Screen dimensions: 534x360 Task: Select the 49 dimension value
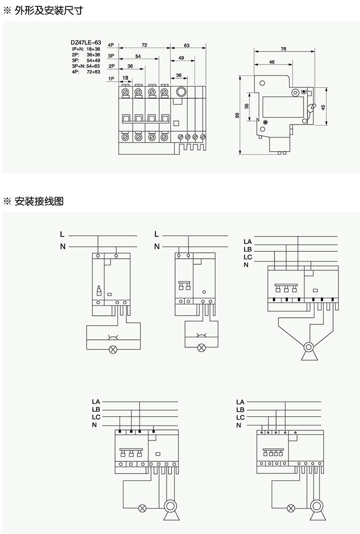point(181,58)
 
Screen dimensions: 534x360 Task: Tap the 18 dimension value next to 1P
point(125,77)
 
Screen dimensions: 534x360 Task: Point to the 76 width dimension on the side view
point(283,49)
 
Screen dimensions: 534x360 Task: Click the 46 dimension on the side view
point(271,62)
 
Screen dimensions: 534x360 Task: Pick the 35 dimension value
point(246,106)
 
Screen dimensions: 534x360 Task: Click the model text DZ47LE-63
point(86,43)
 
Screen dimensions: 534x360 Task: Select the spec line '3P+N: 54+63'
point(86,66)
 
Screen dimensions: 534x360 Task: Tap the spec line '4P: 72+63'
point(86,71)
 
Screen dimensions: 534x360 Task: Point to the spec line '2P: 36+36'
point(86,55)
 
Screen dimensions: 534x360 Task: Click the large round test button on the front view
point(181,92)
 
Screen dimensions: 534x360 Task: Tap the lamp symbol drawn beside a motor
point(142,508)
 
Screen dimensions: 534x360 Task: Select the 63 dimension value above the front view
point(186,45)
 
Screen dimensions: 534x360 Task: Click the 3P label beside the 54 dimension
point(111,56)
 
